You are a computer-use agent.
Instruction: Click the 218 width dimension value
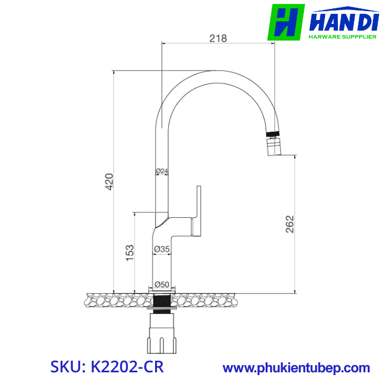coord(218,38)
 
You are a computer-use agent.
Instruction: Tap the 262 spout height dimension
coord(290,223)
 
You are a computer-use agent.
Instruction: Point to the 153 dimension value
coord(129,252)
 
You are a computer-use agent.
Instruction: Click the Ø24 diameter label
coord(161,171)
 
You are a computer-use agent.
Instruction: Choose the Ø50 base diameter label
coord(162,284)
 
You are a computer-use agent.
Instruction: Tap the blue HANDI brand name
coord(343,24)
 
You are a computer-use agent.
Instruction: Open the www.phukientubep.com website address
coord(296,368)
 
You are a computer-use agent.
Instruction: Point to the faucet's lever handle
coord(197,211)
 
